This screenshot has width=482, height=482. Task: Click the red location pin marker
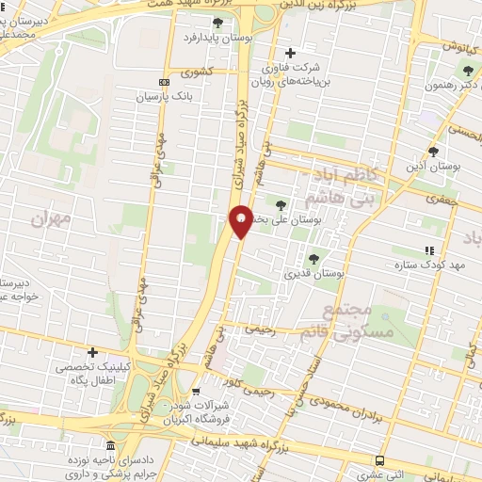tap(240, 220)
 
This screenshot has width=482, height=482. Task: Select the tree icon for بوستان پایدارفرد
tap(218, 22)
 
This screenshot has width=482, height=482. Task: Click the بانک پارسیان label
tap(164, 96)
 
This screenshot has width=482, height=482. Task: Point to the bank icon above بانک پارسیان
tap(164, 82)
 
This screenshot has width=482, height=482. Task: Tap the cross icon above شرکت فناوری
tap(290, 53)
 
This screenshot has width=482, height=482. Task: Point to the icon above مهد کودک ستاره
tap(429, 250)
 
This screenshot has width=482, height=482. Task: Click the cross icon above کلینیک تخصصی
tap(92, 351)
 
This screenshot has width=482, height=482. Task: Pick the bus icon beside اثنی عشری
tap(379, 460)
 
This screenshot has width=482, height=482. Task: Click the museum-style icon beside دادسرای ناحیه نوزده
tap(111, 444)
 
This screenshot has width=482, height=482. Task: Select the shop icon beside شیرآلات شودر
tap(195, 391)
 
